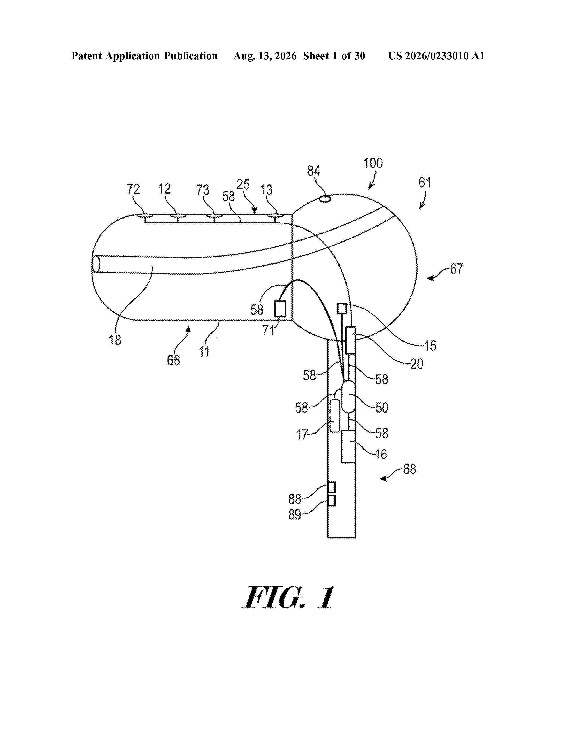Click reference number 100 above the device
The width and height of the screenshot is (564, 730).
click(x=373, y=163)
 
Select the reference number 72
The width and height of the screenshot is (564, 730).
click(x=133, y=190)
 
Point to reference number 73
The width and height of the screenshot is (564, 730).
click(x=203, y=190)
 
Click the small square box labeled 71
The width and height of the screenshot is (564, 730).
click(x=280, y=309)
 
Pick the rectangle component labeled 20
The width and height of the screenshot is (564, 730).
click(x=350, y=340)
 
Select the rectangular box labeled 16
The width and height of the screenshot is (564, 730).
click(x=348, y=447)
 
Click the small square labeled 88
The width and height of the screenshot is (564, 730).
click(x=332, y=487)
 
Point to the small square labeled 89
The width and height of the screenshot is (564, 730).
click(x=332, y=501)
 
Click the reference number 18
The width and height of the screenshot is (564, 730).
click(x=115, y=340)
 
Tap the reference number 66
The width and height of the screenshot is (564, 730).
click(x=173, y=360)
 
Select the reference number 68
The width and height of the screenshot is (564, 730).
click(x=410, y=469)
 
